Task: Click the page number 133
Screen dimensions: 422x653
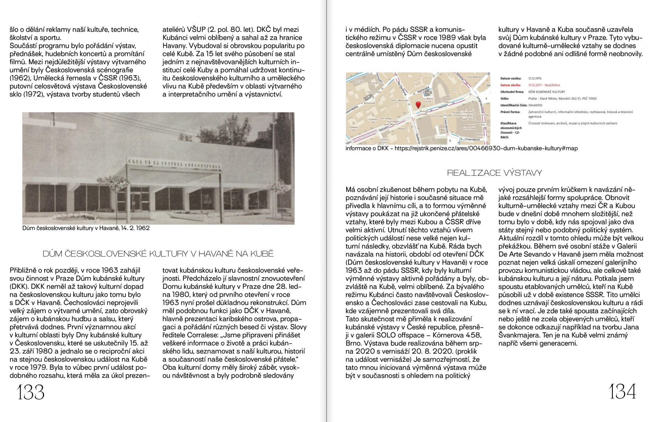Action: pos(31,393)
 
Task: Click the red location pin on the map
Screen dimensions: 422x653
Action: pos(418,105)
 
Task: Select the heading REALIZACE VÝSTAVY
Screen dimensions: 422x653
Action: pos(494,173)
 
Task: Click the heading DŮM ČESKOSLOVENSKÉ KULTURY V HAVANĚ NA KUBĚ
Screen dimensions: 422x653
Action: pos(158,254)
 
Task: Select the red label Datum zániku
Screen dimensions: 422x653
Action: pos(511,85)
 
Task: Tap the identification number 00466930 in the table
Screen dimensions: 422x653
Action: pos(535,105)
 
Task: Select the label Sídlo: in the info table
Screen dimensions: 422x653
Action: pos(505,98)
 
